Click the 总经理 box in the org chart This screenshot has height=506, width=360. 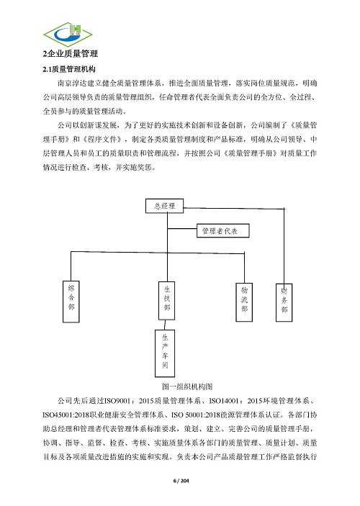click(164, 207)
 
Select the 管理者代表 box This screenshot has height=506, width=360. click(224, 231)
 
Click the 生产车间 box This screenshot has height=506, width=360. click(165, 351)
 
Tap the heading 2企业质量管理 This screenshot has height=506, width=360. click(70, 54)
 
